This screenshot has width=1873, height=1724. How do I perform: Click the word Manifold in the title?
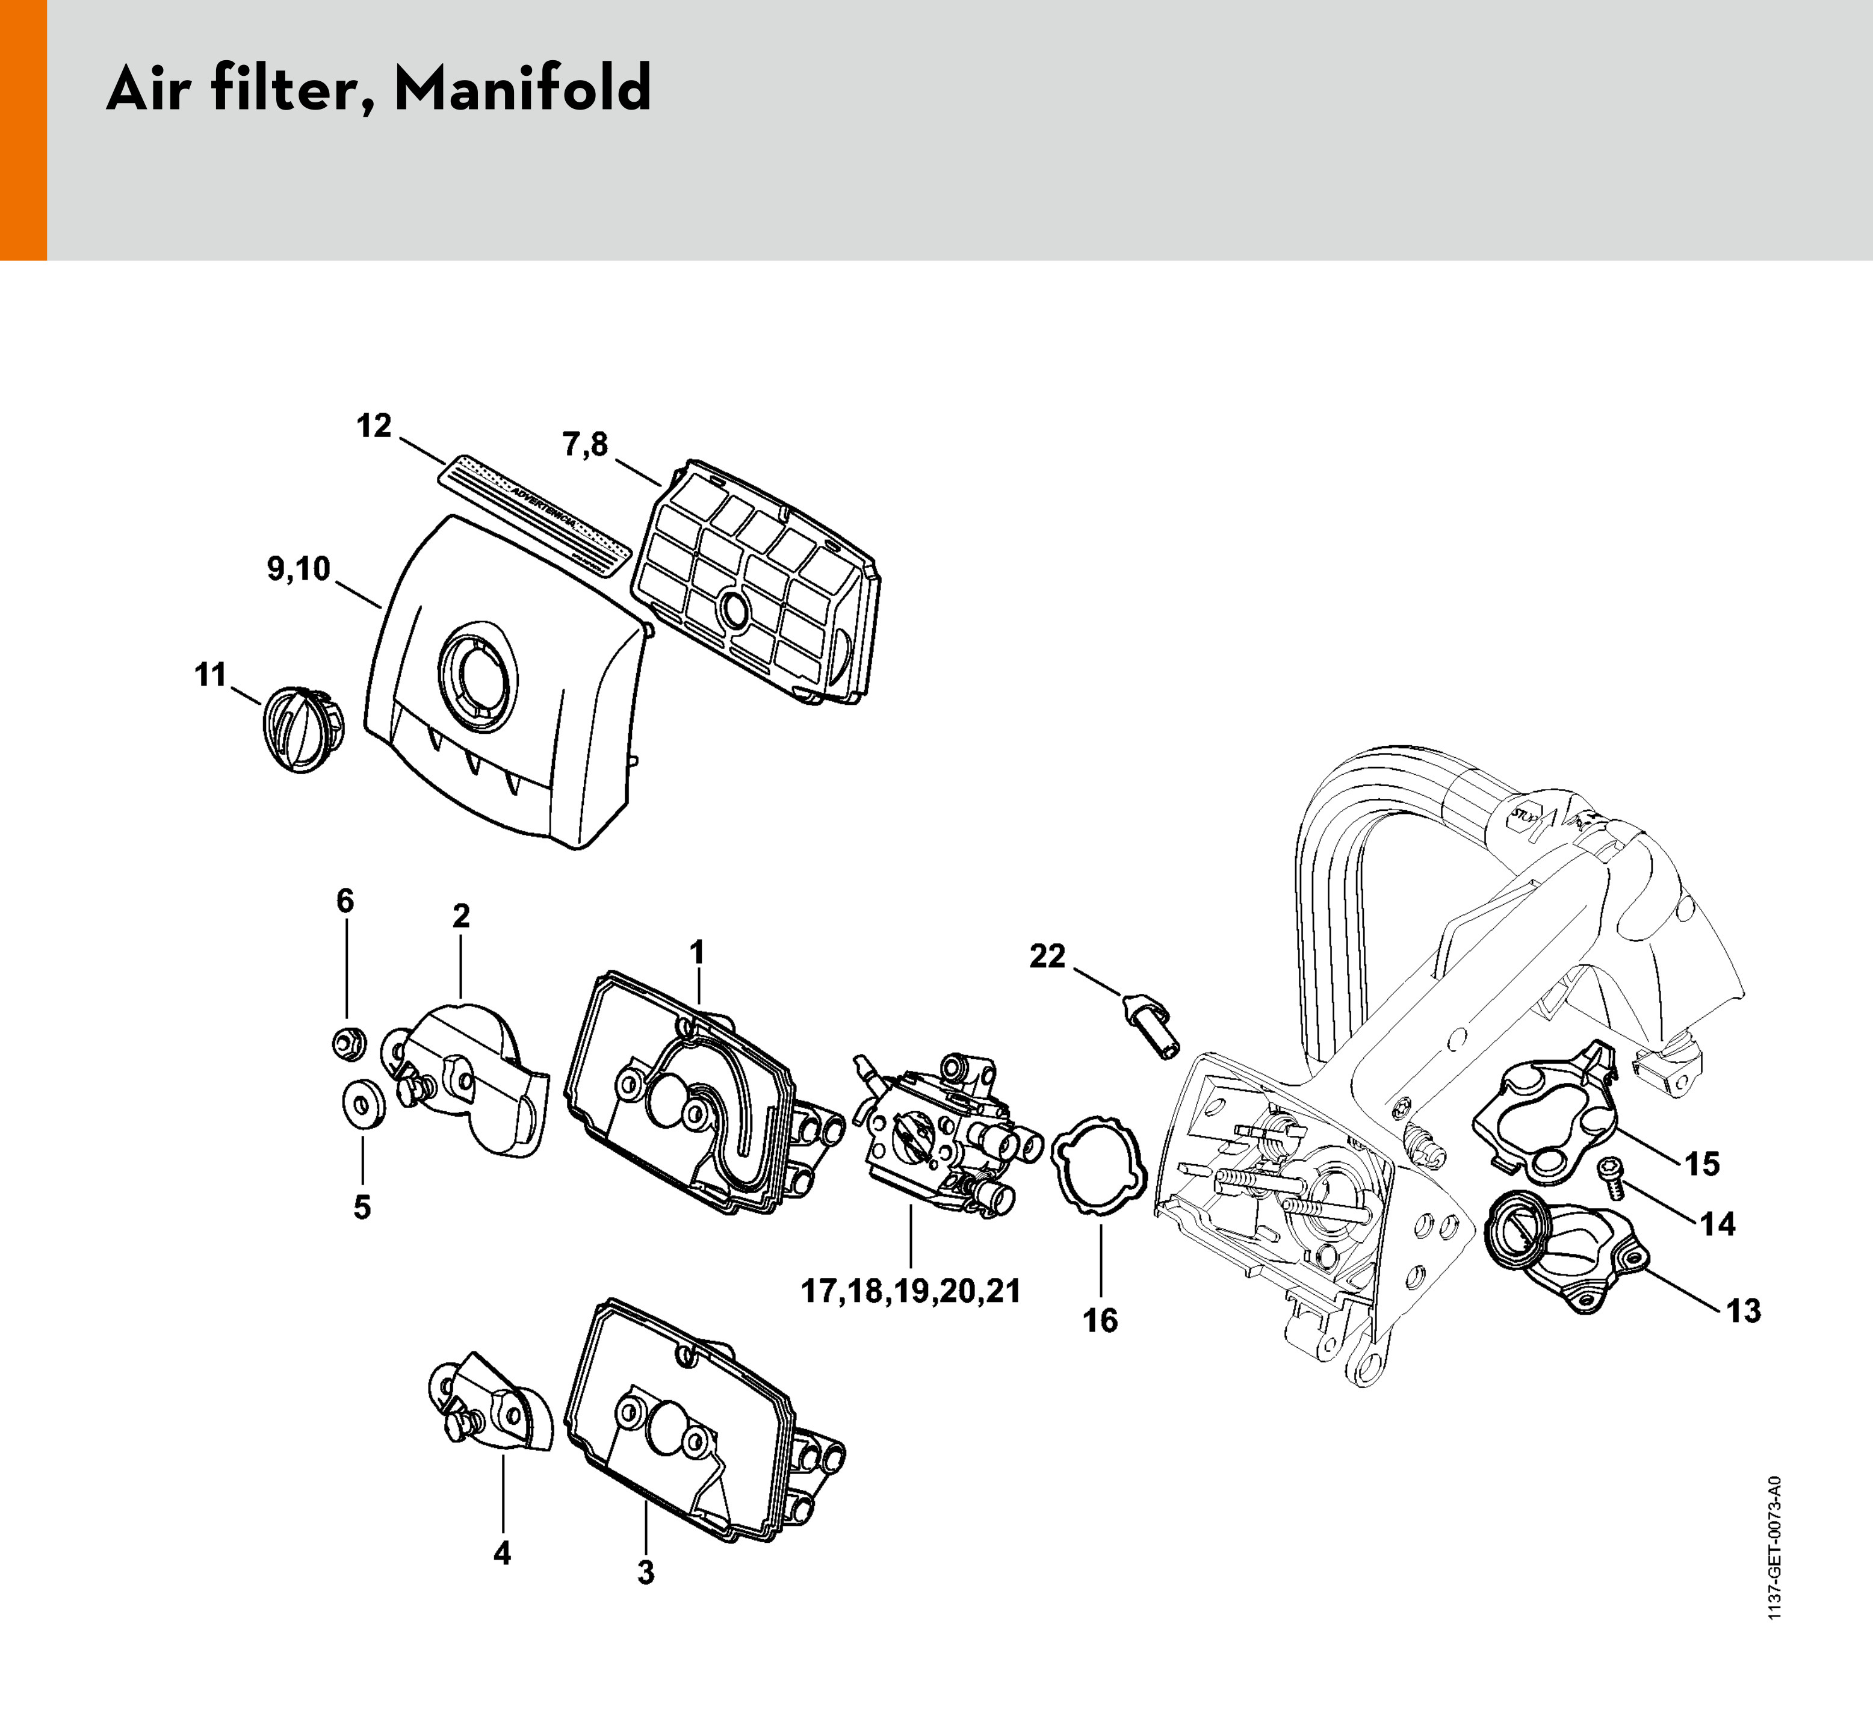tap(523, 90)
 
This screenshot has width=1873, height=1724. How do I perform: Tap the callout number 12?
tap(374, 426)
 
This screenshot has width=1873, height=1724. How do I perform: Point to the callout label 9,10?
tap(299, 568)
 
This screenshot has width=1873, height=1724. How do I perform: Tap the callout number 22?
tap(1047, 957)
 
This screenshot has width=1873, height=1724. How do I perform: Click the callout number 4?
tap(502, 1553)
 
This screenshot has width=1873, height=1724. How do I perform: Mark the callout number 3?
tap(645, 1572)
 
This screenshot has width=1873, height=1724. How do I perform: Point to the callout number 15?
tap(1702, 1164)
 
